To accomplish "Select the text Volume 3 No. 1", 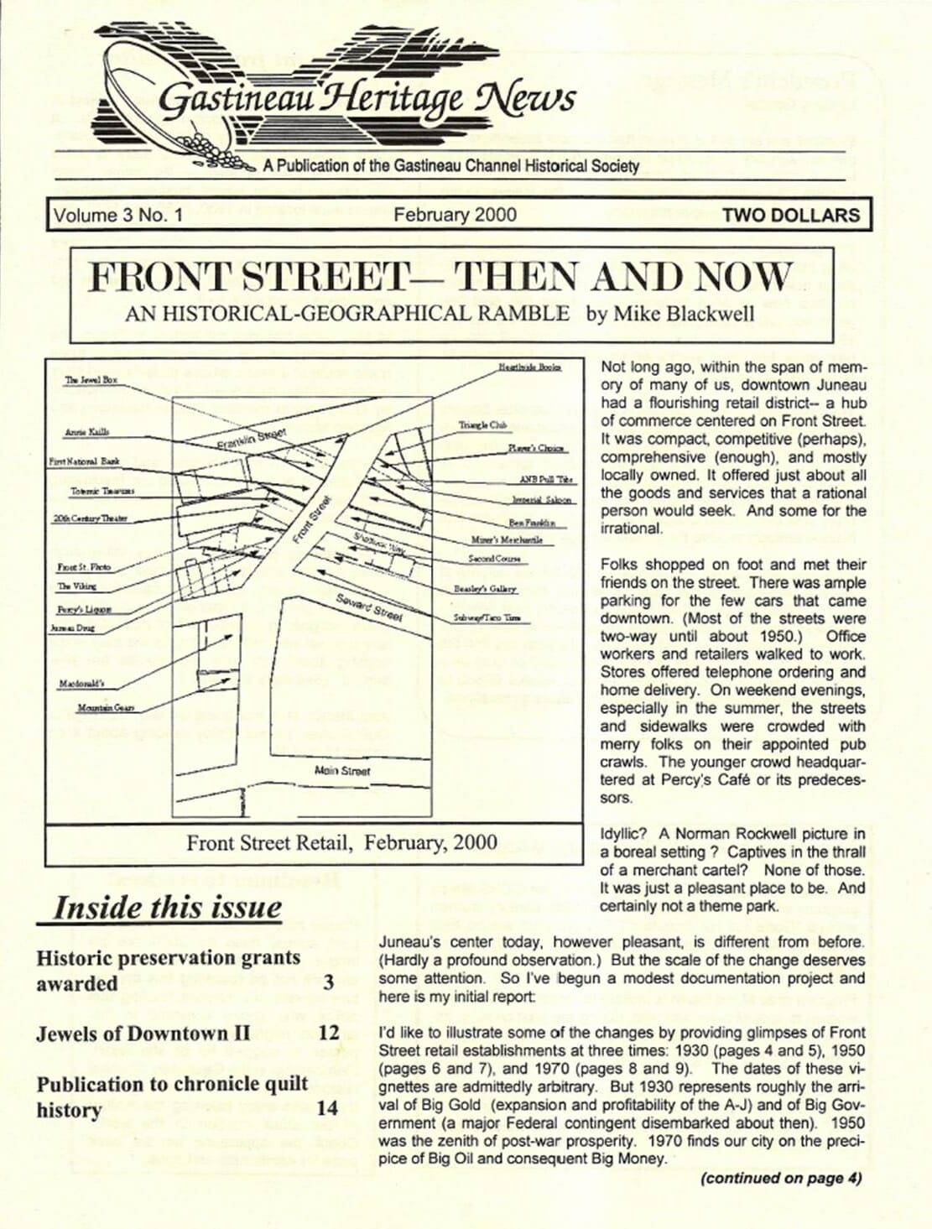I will (x=118, y=216).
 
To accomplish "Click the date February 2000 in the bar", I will (x=455, y=215).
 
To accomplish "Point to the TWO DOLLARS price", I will (x=790, y=216).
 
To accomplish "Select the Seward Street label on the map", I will (x=369, y=607).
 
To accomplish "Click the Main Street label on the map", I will (x=341, y=770).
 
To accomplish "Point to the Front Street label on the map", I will (x=312, y=521).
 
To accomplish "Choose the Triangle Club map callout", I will (x=478, y=426).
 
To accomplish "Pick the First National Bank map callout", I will (x=84, y=461).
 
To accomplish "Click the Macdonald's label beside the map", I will (x=81, y=684).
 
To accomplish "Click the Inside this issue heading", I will (x=168, y=908).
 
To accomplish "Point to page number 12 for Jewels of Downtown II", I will (x=328, y=1034).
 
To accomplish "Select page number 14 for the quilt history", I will (x=327, y=1109).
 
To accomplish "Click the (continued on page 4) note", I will (x=781, y=1178).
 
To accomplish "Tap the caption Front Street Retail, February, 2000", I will (x=341, y=842).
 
